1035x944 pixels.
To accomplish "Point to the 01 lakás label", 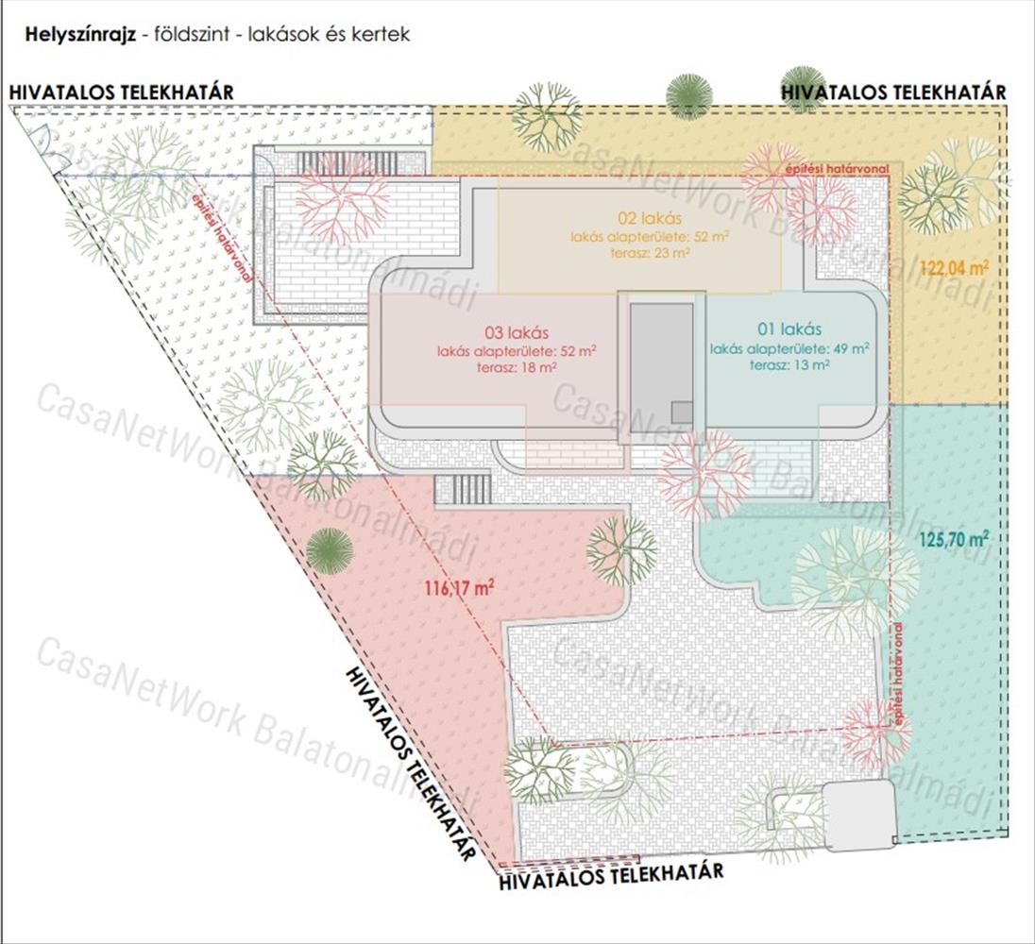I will [x=789, y=329].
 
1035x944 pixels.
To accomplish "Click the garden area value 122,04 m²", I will [x=954, y=268].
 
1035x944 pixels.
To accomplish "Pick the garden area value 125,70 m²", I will [x=953, y=541].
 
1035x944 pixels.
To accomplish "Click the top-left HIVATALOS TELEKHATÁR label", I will [x=121, y=93].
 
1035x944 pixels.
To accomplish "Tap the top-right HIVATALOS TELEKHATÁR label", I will [x=892, y=92].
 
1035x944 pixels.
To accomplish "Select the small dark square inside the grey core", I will [x=681, y=412].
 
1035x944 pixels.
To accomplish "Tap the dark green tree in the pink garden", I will [x=330, y=549].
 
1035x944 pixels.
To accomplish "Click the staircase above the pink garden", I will [x=463, y=489].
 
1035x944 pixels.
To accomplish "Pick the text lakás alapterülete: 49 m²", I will [x=789, y=348].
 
